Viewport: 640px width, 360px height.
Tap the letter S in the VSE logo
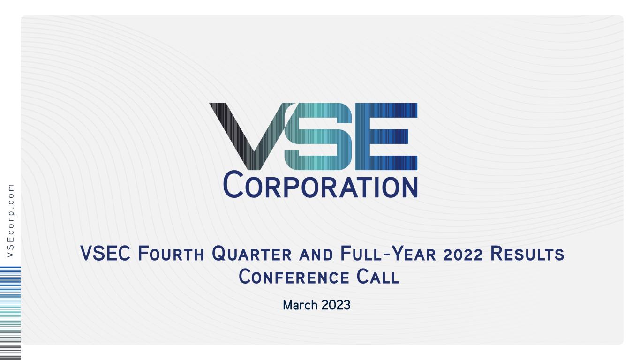318,136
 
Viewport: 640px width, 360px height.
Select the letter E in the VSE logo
386,136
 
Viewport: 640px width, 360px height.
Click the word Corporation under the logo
320,185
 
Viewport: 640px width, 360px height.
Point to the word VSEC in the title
105,253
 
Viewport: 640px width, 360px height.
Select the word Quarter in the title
251,254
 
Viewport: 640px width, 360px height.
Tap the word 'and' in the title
316,255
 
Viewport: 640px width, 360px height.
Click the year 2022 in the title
463,254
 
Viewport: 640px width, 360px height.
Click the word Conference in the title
294,277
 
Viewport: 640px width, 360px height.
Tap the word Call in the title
378,277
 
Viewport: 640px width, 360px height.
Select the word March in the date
300,305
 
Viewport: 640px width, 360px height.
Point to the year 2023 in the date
336,305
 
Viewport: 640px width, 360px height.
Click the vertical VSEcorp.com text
11,221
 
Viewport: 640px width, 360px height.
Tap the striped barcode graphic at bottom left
10,313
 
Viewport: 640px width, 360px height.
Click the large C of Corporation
233,184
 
